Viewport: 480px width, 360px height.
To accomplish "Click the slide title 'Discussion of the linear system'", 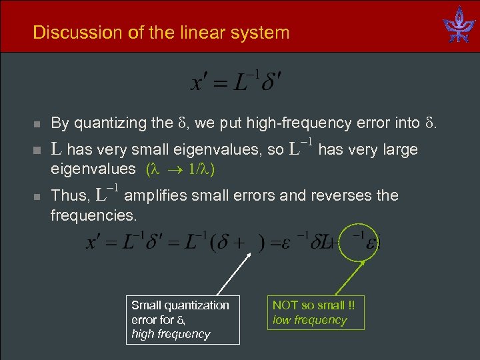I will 161,32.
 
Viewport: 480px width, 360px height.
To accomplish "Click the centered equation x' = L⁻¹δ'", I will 237,82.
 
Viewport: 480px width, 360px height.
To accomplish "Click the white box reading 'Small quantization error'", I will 182,319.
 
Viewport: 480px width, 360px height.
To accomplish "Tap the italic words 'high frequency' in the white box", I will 171,334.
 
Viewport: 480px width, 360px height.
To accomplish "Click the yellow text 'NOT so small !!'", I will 313,305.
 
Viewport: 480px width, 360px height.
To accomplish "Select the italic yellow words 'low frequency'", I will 310,320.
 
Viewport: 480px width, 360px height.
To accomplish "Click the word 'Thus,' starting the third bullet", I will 69,196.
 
